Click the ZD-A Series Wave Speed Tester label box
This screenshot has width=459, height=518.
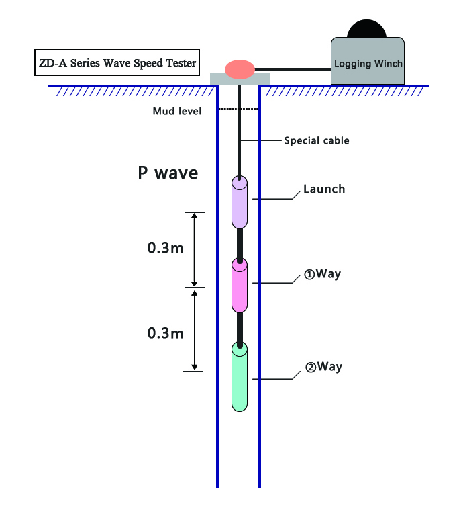(117, 64)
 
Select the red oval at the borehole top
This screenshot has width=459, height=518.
(240, 69)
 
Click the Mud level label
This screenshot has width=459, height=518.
(177, 110)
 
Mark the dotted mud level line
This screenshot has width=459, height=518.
(239, 109)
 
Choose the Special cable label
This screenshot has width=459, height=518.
(316, 141)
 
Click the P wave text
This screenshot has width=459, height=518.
(168, 173)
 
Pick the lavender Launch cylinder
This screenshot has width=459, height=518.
(240, 202)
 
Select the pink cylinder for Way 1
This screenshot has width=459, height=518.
(240, 286)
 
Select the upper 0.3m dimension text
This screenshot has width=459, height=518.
(165, 248)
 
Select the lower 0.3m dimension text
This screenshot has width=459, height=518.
(165, 332)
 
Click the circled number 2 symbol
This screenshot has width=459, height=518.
(310, 368)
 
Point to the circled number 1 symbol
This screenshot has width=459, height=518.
(309, 275)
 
